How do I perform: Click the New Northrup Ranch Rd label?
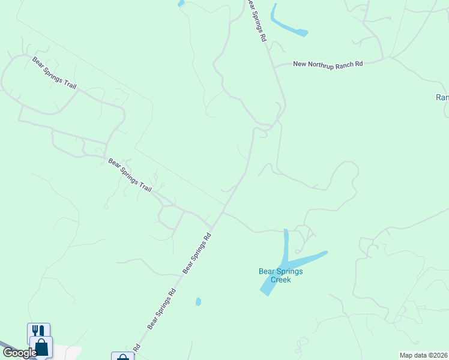tap(328, 64)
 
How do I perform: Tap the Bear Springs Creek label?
tap(280, 275)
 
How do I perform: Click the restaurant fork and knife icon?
tap(38, 331)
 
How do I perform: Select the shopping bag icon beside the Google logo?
tap(42, 347)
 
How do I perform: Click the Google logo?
tap(19, 353)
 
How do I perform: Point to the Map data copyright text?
tap(423, 355)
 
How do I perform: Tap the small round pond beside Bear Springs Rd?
tap(198, 301)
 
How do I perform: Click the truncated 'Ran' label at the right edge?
tap(442, 97)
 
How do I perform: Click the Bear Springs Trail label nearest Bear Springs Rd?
tap(130, 175)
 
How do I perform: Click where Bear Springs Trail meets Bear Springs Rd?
tap(212, 227)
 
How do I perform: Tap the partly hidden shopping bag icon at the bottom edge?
tap(122, 356)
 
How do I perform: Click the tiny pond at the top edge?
tap(181, 3)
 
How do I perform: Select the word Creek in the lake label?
tap(280, 280)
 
